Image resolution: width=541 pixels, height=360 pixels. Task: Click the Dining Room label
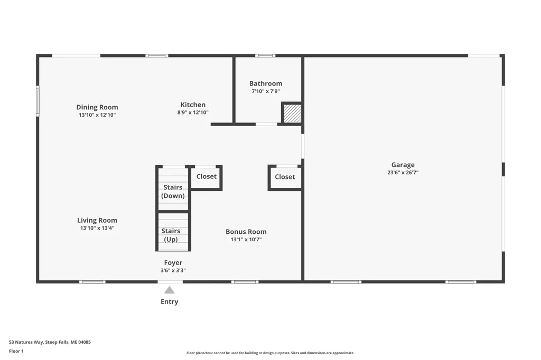click(97, 107)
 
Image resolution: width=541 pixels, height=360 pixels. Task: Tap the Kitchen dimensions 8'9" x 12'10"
click(193, 112)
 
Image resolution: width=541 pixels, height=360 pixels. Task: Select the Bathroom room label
click(266, 83)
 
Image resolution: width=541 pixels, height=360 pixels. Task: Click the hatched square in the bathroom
click(293, 113)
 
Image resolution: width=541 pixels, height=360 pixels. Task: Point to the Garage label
click(403, 165)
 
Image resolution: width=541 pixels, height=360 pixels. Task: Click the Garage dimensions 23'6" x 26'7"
click(403, 173)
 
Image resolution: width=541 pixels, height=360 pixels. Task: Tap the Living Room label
click(97, 220)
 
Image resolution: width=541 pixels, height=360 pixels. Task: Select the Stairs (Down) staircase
click(173, 188)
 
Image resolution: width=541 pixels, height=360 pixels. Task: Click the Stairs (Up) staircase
click(173, 232)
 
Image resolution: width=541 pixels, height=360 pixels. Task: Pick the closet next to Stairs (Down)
click(207, 177)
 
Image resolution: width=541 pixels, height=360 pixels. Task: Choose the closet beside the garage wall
click(285, 177)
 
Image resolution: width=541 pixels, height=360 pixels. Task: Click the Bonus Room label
click(246, 232)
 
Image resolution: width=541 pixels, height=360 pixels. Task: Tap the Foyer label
click(173, 263)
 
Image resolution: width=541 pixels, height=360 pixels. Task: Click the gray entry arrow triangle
click(169, 290)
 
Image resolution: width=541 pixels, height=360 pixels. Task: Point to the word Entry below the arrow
click(170, 302)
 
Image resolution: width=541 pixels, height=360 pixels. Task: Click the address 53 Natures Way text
click(50, 342)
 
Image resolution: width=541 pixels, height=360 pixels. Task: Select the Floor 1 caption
click(16, 351)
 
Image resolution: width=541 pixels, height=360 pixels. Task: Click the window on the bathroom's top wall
click(265, 55)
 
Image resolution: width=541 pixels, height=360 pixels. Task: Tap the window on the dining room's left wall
click(38, 101)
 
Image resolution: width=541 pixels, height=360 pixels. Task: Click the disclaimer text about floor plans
click(270, 353)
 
